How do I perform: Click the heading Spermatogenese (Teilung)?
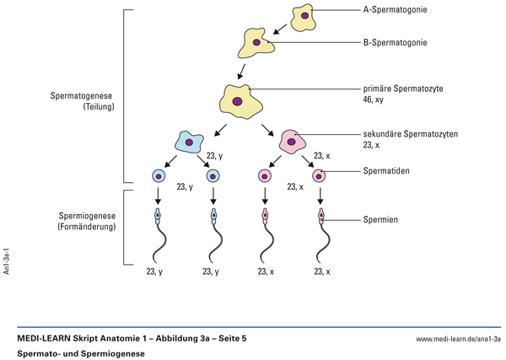coord(83,103)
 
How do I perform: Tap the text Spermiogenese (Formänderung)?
coord(83,223)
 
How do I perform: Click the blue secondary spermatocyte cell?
coord(188,142)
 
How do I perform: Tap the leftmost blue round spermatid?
coord(159,176)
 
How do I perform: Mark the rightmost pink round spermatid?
coord(320,176)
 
